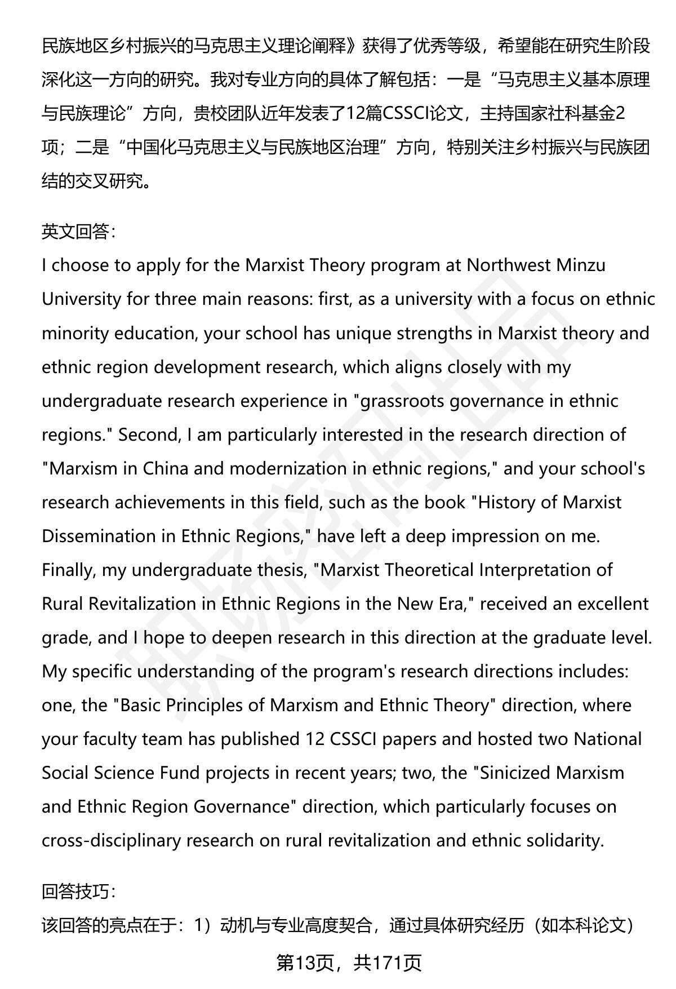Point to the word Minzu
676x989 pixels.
(581, 265)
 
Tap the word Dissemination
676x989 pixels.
(99, 536)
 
